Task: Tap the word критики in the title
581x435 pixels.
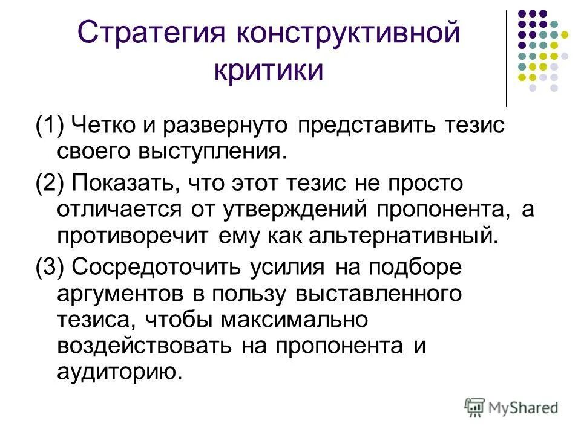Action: (269, 71)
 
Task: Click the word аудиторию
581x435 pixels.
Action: (119, 372)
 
